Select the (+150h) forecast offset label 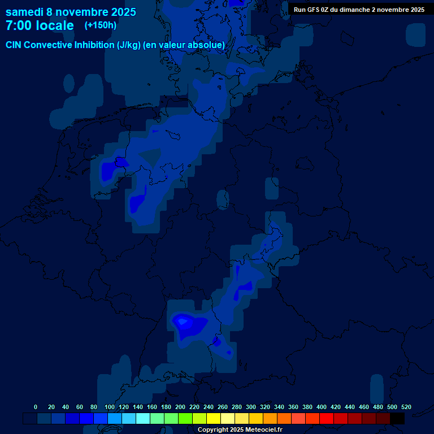(x=100, y=25)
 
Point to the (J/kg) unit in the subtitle (x=129, y=45)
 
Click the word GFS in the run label (x=316, y=10)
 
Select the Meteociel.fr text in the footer (x=264, y=430)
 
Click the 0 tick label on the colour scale (x=36, y=407)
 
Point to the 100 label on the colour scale (x=110, y=407)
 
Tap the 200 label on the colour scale (x=180, y=407)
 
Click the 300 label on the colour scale (x=251, y=407)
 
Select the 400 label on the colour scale (x=322, y=407)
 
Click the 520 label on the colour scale (x=406, y=407)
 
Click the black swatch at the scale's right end (x=397, y=418)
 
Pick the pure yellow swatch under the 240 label (x=214, y=418)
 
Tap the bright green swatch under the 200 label (x=185, y=418)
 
